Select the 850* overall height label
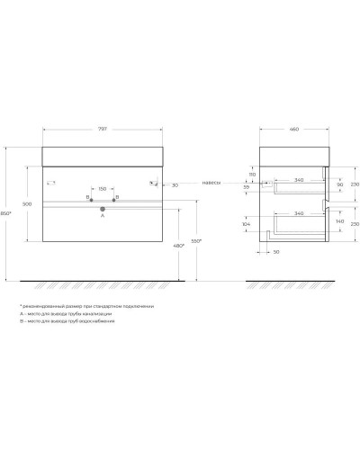pos(6,212)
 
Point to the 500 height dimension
pos(26,205)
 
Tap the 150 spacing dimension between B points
pos(102,190)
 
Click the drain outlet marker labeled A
pos(102,209)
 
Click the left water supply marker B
pos(91,198)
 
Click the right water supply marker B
pos(114,198)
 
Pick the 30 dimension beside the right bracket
pos(174,184)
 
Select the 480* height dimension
pos(178,246)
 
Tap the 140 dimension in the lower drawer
pos(338,220)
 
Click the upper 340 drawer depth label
pos(297,180)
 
